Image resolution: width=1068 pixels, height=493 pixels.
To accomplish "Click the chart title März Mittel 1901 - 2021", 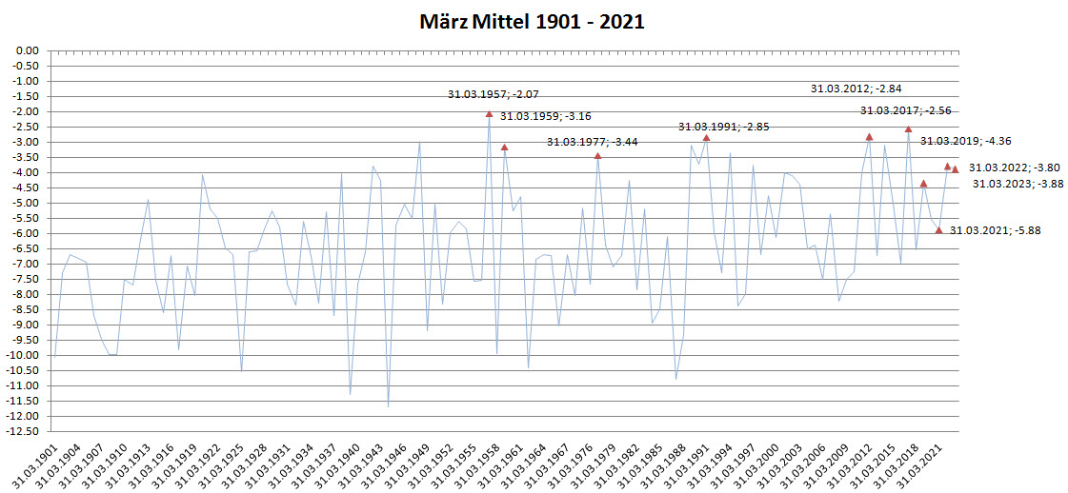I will pos(533,21).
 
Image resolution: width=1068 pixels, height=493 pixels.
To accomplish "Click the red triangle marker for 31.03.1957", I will pos(489,114).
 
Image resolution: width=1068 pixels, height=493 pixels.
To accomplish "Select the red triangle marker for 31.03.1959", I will pos(504,148).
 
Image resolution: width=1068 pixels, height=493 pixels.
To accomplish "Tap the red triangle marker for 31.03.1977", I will pos(597,156).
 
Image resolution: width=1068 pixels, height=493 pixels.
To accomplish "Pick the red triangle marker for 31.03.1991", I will pos(706,138).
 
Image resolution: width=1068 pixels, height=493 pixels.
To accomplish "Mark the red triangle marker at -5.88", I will pos(938,229).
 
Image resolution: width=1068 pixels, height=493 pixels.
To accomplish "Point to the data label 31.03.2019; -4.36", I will pos(965,141).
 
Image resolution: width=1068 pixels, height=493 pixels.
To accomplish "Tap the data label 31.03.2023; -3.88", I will pos(1018,184).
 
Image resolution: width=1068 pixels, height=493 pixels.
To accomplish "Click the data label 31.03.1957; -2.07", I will pos(494,94).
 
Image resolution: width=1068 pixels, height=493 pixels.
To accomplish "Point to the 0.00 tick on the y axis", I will pos(27,50).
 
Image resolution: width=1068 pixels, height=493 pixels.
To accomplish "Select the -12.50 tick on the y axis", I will pos(23,431).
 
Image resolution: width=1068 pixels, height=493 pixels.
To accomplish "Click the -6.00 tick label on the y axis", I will pos(25,233).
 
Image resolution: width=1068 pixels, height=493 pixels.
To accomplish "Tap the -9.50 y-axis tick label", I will pos(25,340).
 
